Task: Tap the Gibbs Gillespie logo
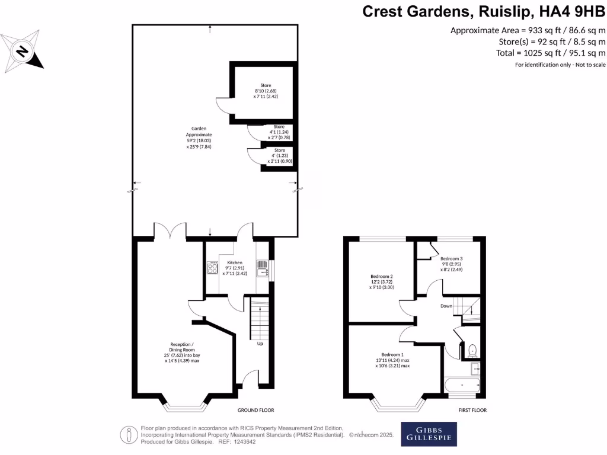tap(429, 434)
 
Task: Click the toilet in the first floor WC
tap(472, 350)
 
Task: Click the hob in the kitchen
tap(213, 268)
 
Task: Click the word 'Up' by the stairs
tap(260, 344)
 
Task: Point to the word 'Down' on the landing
tap(446, 306)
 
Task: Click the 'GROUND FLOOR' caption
tap(255, 410)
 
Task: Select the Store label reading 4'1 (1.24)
tap(279, 132)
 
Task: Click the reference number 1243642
tap(242, 441)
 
